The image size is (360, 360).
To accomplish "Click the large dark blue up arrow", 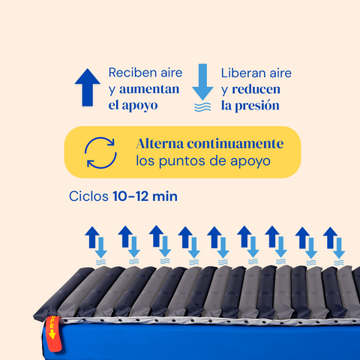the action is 88,87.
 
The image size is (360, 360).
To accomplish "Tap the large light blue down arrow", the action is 202,82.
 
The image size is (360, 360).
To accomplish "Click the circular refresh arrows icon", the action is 100,152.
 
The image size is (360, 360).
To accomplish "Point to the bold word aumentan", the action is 149,89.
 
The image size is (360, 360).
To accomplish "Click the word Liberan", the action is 241,73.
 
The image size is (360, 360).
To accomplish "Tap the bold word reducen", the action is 256,89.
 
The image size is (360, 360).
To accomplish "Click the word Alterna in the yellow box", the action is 160,144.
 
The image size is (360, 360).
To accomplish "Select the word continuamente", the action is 235,144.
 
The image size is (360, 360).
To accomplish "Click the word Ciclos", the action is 88,196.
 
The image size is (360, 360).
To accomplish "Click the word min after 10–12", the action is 165,196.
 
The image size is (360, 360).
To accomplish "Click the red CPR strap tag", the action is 53,334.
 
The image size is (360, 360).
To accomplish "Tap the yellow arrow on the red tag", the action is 52,334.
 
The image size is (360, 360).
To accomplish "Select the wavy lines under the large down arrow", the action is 202,107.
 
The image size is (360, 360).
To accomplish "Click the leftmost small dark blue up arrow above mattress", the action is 92,237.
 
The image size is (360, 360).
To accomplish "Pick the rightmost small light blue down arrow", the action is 339,248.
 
